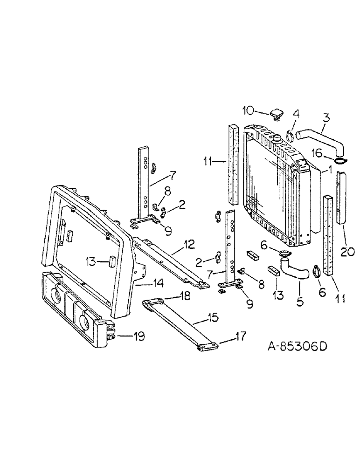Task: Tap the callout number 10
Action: [x=248, y=110]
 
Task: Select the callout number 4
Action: [x=296, y=113]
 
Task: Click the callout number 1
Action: [x=330, y=171]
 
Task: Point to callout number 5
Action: [x=299, y=302]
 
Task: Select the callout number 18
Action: [x=172, y=295]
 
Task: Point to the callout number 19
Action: [x=139, y=336]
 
